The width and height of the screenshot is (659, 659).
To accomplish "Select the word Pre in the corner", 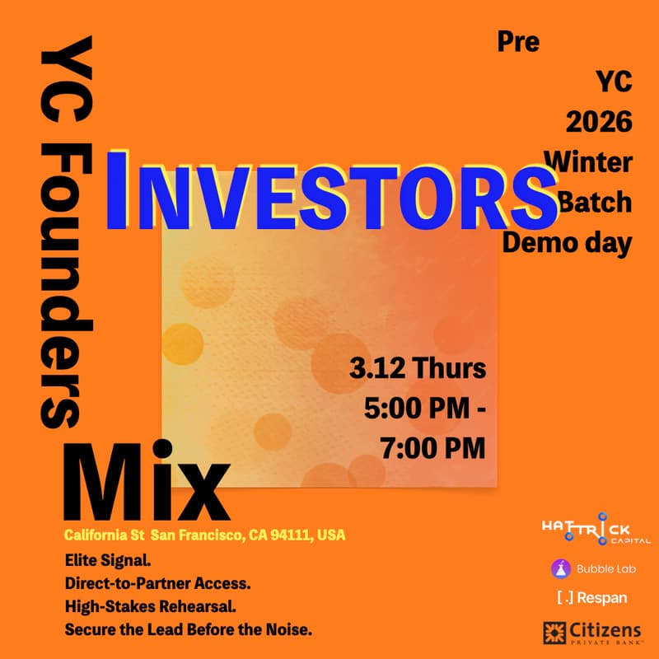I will pyautogui.click(x=518, y=41).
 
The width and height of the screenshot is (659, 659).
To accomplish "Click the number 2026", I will pyautogui.click(x=599, y=121).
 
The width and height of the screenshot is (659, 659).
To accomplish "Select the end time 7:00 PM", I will pyautogui.click(x=432, y=447).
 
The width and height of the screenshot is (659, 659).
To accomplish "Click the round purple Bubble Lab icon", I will pyautogui.click(x=561, y=568).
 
